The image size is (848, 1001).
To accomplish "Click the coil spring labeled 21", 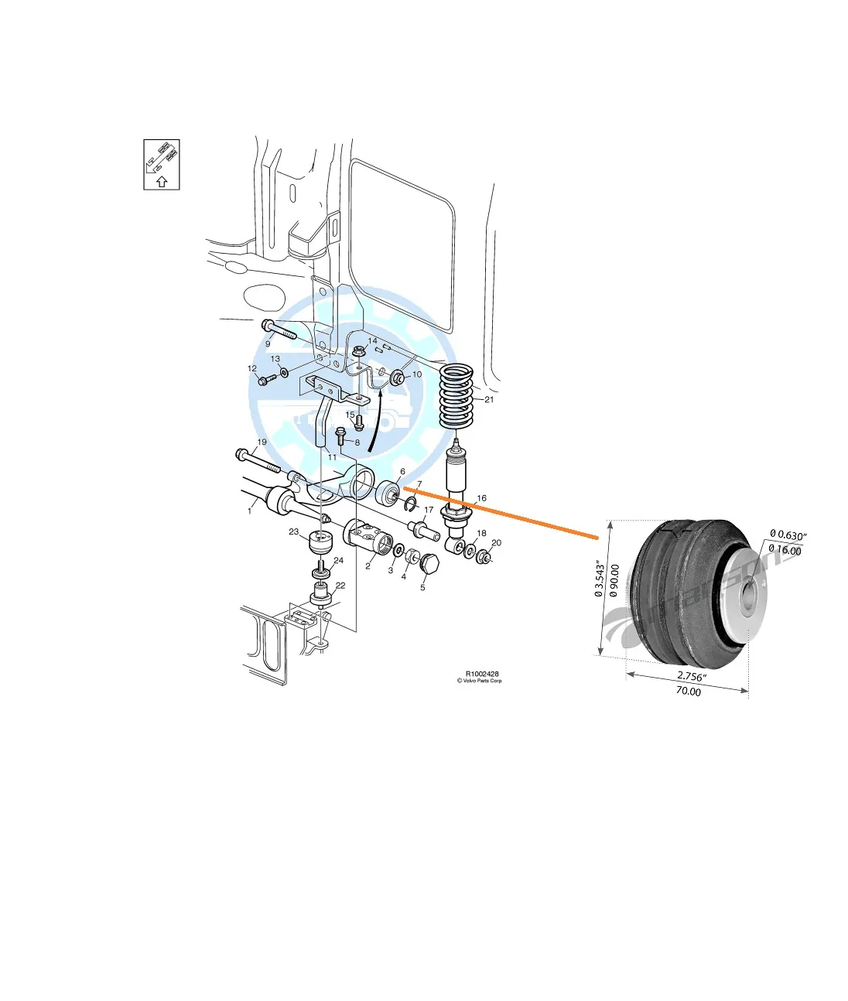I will (x=456, y=396).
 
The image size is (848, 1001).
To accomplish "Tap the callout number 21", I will (x=489, y=400).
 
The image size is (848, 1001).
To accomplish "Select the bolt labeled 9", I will (x=279, y=330).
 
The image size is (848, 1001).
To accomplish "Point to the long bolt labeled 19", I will (x=259, y=461).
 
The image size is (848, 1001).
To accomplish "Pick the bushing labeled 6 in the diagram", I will (x=388, y=493).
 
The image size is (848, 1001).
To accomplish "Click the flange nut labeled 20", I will (x=484, y=556).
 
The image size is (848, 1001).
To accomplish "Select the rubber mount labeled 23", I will (x=319, y=542).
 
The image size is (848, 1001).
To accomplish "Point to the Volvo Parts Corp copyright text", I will (x=480, y=682).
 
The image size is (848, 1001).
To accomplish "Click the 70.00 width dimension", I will (x=688, y=692).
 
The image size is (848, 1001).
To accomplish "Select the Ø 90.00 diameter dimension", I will (x=614, y=581).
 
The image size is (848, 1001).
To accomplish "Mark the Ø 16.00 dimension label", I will (x=785, y=551).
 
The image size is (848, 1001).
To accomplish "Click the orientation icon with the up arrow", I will (x=162, y=165).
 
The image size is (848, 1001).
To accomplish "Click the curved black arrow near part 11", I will (x=375, y=422).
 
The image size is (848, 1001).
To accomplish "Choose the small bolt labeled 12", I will (x=268, y=380).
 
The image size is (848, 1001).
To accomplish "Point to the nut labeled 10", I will (x=396, y=378).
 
